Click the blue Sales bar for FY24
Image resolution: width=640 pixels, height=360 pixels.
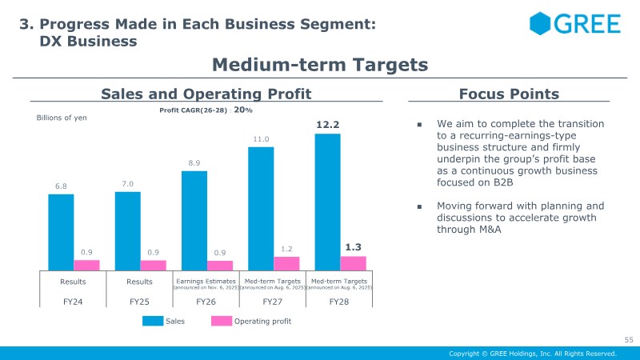[61, 232]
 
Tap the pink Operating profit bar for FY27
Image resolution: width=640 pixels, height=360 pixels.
[286, 263]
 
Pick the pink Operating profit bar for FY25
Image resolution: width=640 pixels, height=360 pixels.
[154, 265]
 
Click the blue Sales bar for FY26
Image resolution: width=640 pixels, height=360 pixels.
[194, 221]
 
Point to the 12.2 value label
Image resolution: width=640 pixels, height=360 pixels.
[328, 125]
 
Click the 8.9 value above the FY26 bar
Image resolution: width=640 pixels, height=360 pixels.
[194, 163]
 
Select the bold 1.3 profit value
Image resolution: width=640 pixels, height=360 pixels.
[354, 247]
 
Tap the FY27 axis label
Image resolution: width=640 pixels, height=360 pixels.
[273, 302]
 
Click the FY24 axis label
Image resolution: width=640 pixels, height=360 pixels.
[73, 302]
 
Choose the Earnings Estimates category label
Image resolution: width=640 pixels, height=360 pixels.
[206, 282]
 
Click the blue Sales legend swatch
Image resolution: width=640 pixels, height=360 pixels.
[153, 321]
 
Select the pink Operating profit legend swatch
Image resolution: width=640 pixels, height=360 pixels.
[221, 321]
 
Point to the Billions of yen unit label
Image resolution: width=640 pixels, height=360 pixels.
[62, 118]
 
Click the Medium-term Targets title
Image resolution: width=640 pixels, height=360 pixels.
[320, 64]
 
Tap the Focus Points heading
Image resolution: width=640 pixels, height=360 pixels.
[509, 94]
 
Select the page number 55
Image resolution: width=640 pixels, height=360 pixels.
[629, 341]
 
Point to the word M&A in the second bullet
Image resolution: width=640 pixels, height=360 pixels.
[497, 230]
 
